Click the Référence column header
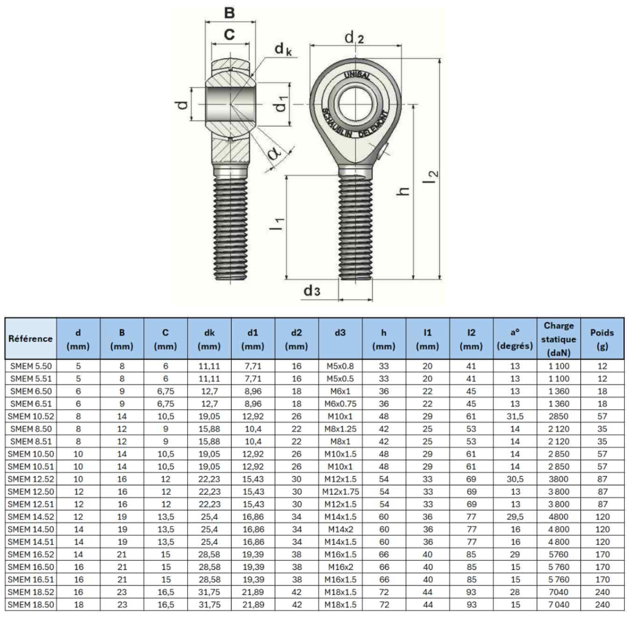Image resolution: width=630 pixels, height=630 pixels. pyautogui.click(x=30, y=339)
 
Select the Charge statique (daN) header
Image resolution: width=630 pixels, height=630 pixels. pyautogui.click(x=559, y=339)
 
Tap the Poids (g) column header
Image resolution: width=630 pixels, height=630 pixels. pyautogui.click(x=602, y=339)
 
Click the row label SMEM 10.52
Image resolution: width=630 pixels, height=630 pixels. pyautogui.click(x=31, y=416)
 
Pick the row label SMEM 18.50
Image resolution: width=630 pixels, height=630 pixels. pyautogui.click(x=31, y=604)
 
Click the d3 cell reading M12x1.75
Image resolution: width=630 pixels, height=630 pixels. pyautogui.click(x=340, y=492)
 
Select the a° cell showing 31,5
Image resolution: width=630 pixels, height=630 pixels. pyautogui.click(x=515, y=417)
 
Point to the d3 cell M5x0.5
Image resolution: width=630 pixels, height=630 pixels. pyautogui.click(x=340, y=378)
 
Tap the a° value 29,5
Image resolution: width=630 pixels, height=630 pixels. pyautogui.click(x=515, y=517)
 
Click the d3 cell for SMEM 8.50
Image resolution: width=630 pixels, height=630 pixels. pyautogui.click(x=340, y=429)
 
